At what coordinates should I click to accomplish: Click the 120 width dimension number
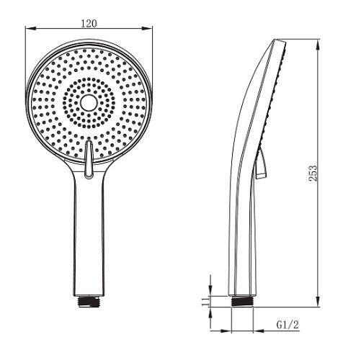click(90, 22)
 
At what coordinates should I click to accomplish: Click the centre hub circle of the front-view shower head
click(89, 104)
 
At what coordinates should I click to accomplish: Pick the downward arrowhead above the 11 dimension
click(210, 289)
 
